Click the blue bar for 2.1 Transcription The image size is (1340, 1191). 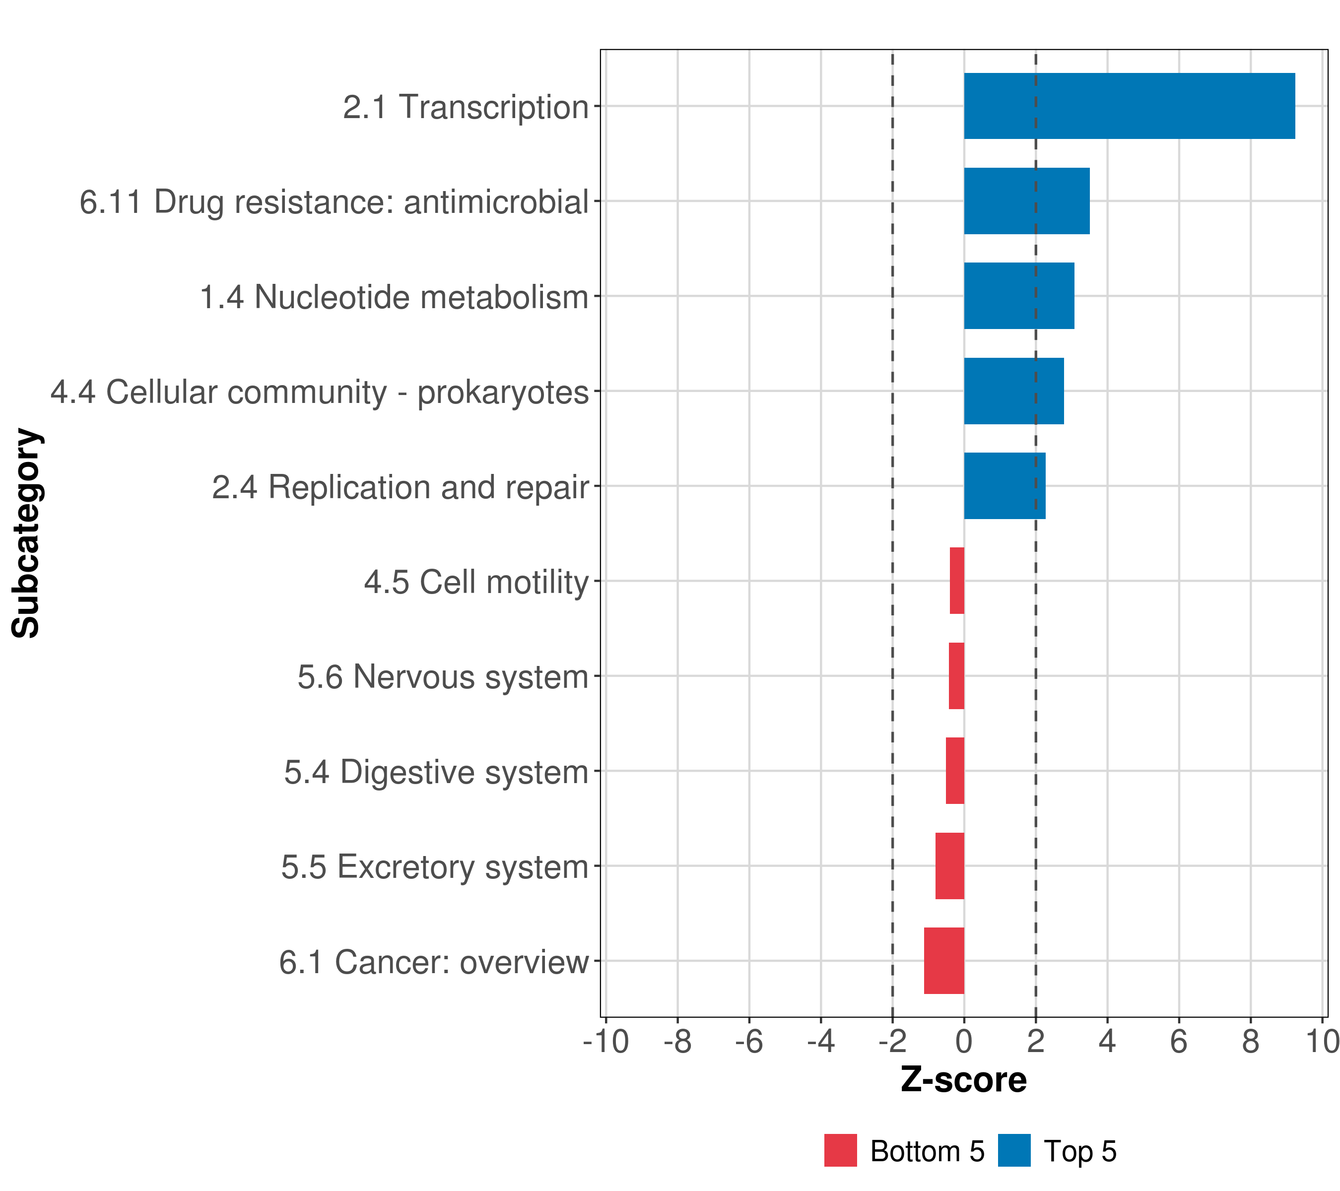point(1129,106)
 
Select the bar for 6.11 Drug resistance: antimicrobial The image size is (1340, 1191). point(1027,201)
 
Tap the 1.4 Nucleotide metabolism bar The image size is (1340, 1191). point(1019,296)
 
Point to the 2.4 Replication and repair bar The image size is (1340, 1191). point(1005,486)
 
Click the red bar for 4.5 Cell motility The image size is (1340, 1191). point(957,581)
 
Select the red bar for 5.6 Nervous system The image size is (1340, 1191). point(956,676)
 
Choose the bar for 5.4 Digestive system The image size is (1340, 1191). point(955,771)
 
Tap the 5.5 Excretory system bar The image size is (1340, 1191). point(950,866)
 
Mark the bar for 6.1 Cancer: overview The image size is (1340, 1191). point(944,961)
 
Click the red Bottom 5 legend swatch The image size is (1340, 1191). point(840,1150)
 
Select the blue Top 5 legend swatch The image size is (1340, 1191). point(1014,1150)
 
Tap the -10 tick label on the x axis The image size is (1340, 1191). point(606,1042)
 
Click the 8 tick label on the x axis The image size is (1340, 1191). point(1251,1042)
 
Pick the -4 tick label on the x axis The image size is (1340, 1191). point(821,1042)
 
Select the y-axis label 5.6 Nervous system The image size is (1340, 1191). point(443,677)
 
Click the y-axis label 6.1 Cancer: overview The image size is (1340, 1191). point(434,962)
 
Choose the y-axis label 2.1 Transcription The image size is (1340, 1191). point(466,107)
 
